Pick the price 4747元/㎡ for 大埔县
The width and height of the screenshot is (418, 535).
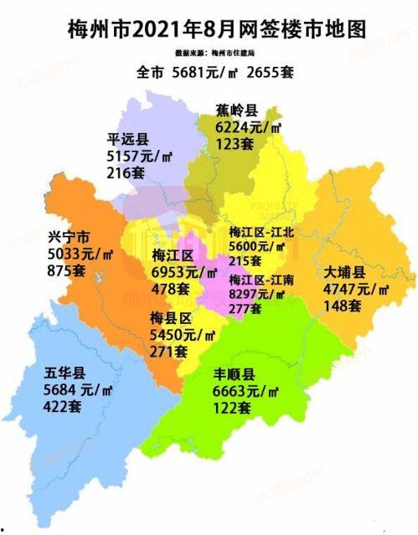356,291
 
